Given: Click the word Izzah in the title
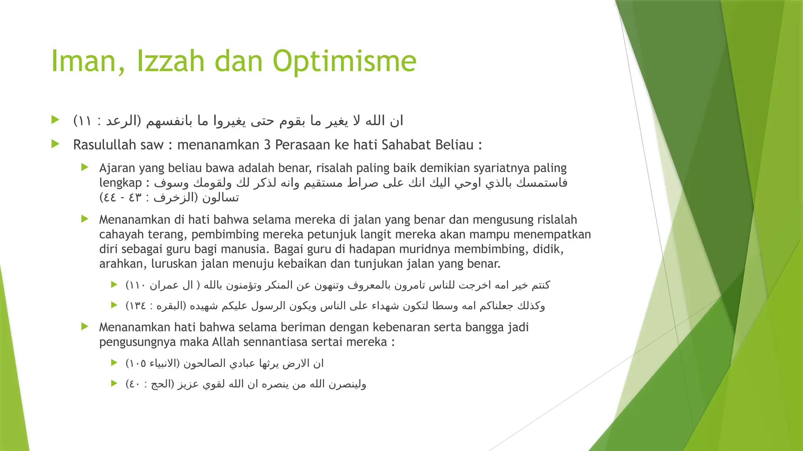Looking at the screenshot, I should [x=171, y=61].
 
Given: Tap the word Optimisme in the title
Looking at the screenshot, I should [x=344, y=61].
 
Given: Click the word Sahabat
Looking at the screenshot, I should [x=406, y=145].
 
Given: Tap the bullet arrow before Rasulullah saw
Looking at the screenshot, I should [x=55, y=144].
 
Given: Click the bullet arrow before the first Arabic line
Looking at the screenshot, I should [x=55, y=120].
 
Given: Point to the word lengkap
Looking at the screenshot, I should [x=120, y=183].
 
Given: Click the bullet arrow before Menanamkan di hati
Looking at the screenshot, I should [x=85, y=219].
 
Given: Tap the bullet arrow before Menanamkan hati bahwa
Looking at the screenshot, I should [x=85, y=327].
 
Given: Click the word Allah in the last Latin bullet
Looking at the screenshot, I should [x=225, y=342].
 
